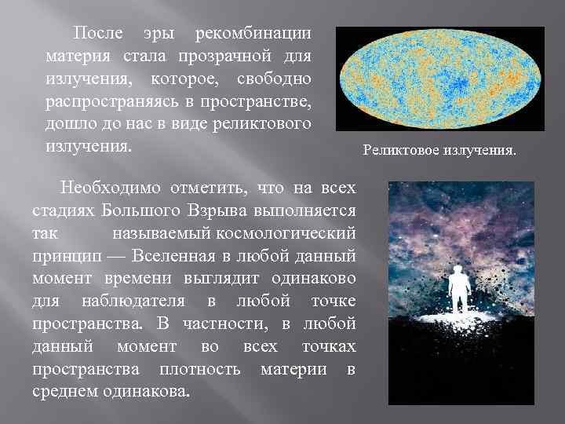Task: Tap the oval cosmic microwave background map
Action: click(439, 78)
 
